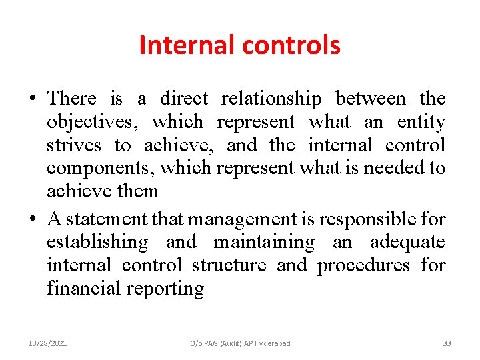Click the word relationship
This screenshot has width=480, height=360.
271,99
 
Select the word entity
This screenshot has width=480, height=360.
421,123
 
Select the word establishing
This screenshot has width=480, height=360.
97,242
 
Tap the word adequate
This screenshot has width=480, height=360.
407,241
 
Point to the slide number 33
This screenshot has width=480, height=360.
447,343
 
